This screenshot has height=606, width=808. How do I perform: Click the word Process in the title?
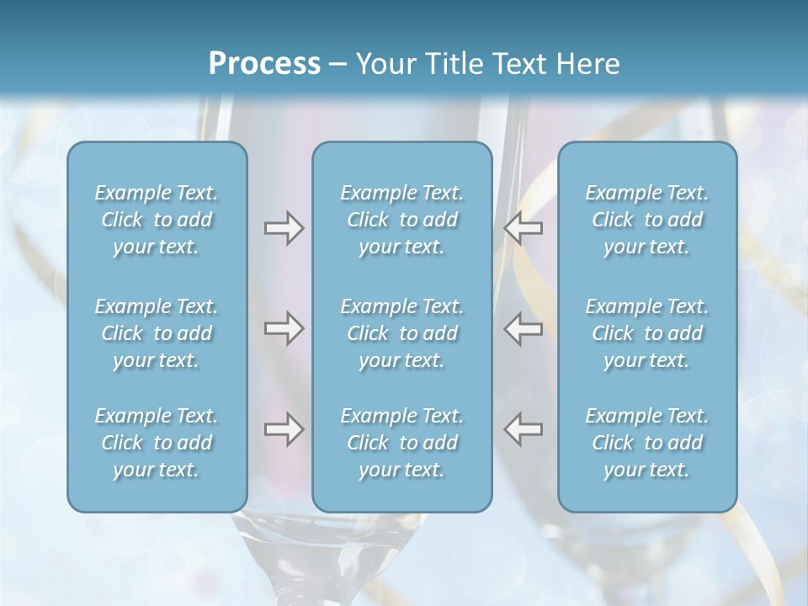point(263,64)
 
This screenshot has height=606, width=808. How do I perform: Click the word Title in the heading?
point(455,64)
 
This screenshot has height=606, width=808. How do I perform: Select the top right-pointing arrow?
point(284,228)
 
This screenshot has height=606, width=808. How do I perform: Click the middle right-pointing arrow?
point(284,328)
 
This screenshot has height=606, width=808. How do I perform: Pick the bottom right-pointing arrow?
point(284,429)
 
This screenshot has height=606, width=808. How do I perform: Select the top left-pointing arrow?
point(523,228)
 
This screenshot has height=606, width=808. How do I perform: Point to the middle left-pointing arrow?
point(523,328)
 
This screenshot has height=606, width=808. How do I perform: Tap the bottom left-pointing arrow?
point(523,429)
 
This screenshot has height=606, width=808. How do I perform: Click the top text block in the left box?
point(157,220)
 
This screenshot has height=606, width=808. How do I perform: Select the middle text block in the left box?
point(157,333)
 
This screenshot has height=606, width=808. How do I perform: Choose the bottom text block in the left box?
point(157,443)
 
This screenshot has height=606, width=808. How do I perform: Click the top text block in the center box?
point(401,220)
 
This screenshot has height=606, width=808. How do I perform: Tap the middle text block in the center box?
point(401,333)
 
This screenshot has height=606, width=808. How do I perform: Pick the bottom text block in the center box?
point(401,443)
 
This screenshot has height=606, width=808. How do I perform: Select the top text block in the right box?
point(646,220)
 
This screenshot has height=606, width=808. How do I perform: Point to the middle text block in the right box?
point(646,333)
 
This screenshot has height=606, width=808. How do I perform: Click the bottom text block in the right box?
point(646,443)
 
